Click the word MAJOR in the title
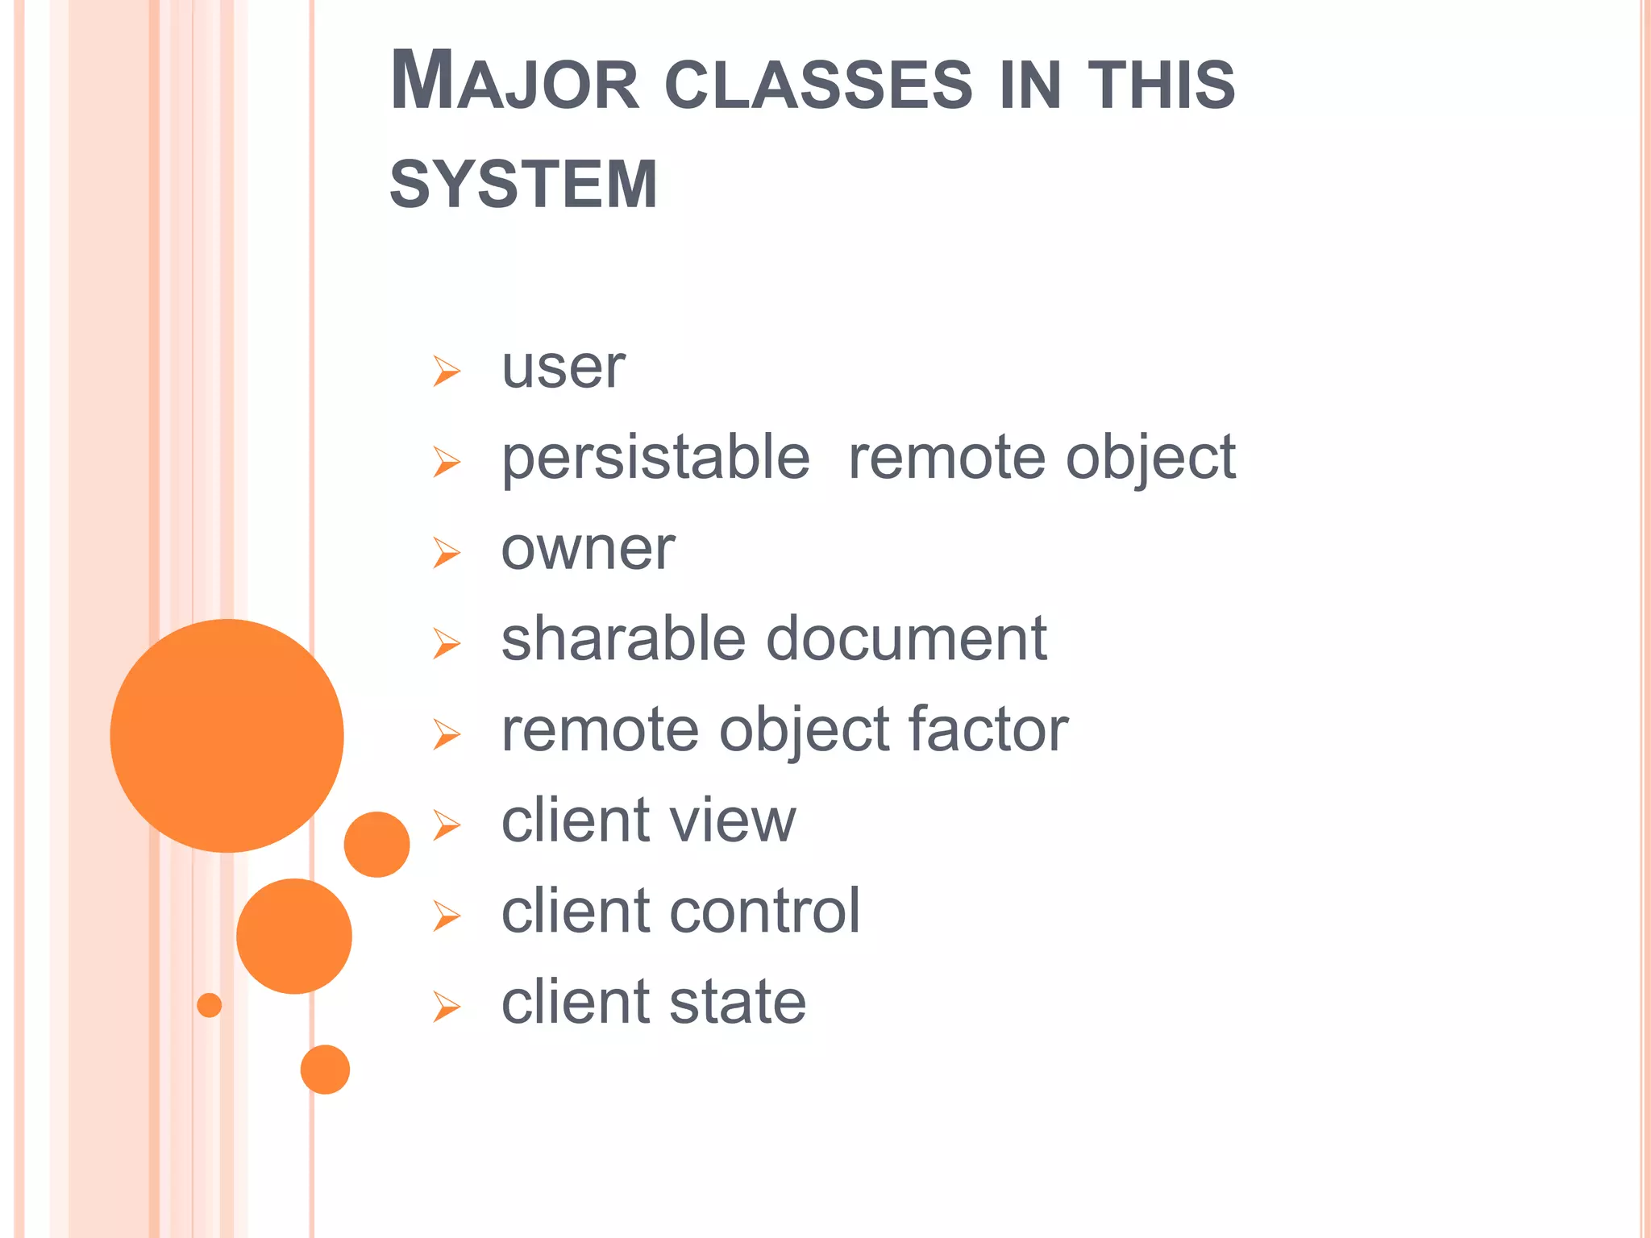pyautogui.click(x=514, y=82)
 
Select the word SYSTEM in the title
pyautogui.click(x=523, y=185)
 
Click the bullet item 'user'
pyautogui.click(x=563, y=368)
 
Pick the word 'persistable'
pyautogui.click(x=655, y=458)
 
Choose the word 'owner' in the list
pyautogui.click(x=588, y=550)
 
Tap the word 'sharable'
pyautogui.click(x=622, y=639)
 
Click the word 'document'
pyautogui.click(x=906, y=639)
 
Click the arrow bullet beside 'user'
pyautogui.click(x=446, y=371)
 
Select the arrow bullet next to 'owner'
pyautogui.click(x=446, y=553)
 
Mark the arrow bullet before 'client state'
pyautogui.click(x=446, y=1007)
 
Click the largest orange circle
pyautogui.click(x=227, y=735)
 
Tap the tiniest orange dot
pyautogui.click(x=209, y=1005)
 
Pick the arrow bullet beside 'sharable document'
pyautogui.click(x=446, y=643)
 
